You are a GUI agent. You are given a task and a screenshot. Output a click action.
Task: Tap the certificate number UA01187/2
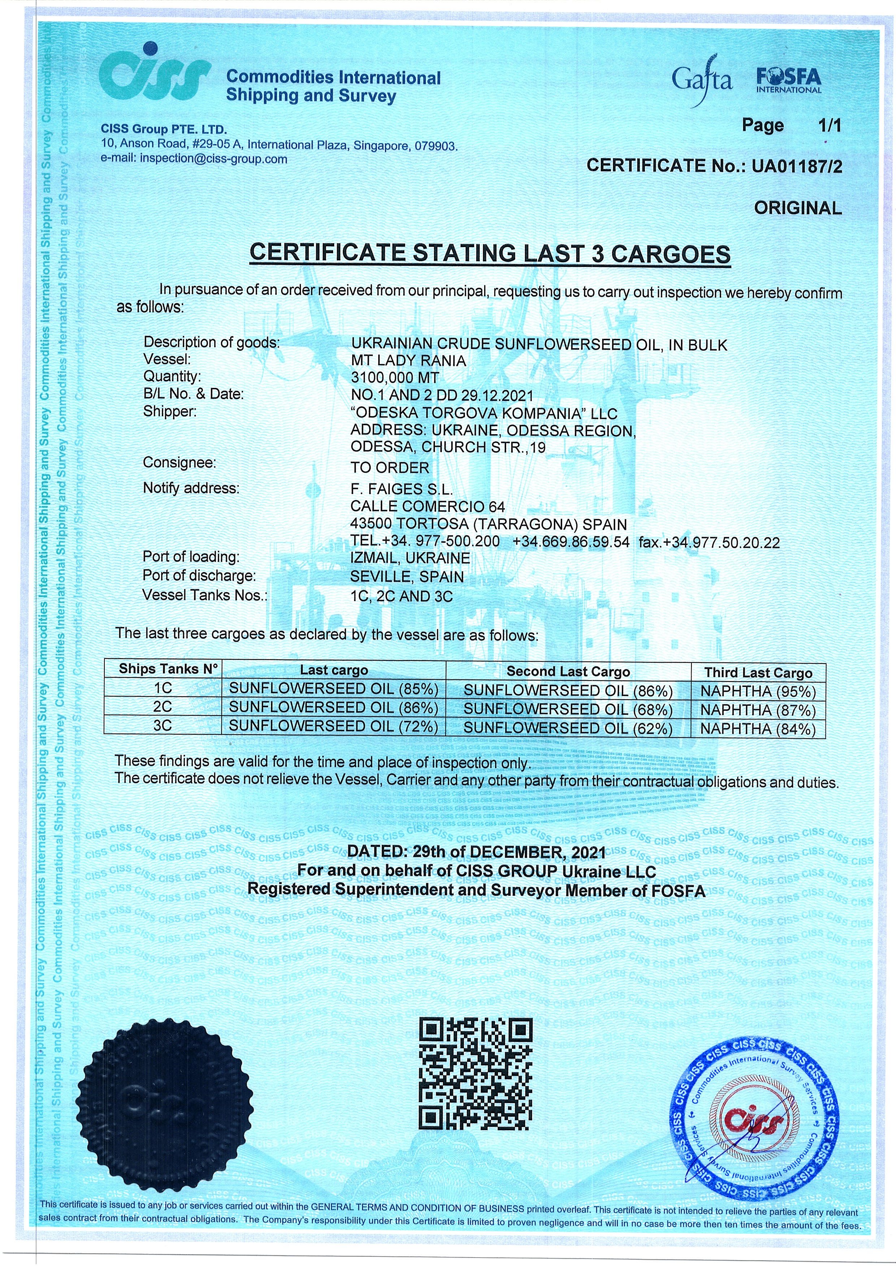pyautogui.click(x=797, y=166)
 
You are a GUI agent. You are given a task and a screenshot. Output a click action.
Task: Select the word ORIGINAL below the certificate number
pyautogui.click(x=798, y=208)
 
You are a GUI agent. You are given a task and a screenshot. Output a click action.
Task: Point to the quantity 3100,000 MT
pyautogui.click(x=395, y=378)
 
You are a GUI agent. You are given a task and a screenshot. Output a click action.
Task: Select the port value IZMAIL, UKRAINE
pyautogui.click(x=410, y=558)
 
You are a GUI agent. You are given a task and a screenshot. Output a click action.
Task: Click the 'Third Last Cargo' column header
pyautogui.click(x=758, y=673)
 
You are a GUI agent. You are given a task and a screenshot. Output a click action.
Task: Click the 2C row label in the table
pyautogui.click(x=163, y=707)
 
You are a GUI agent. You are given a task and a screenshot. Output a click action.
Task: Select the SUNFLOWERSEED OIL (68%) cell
pyautogui.click(x=568, y=710)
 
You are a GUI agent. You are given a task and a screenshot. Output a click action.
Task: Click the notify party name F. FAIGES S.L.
pyautogui.click(x=401, y=489)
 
